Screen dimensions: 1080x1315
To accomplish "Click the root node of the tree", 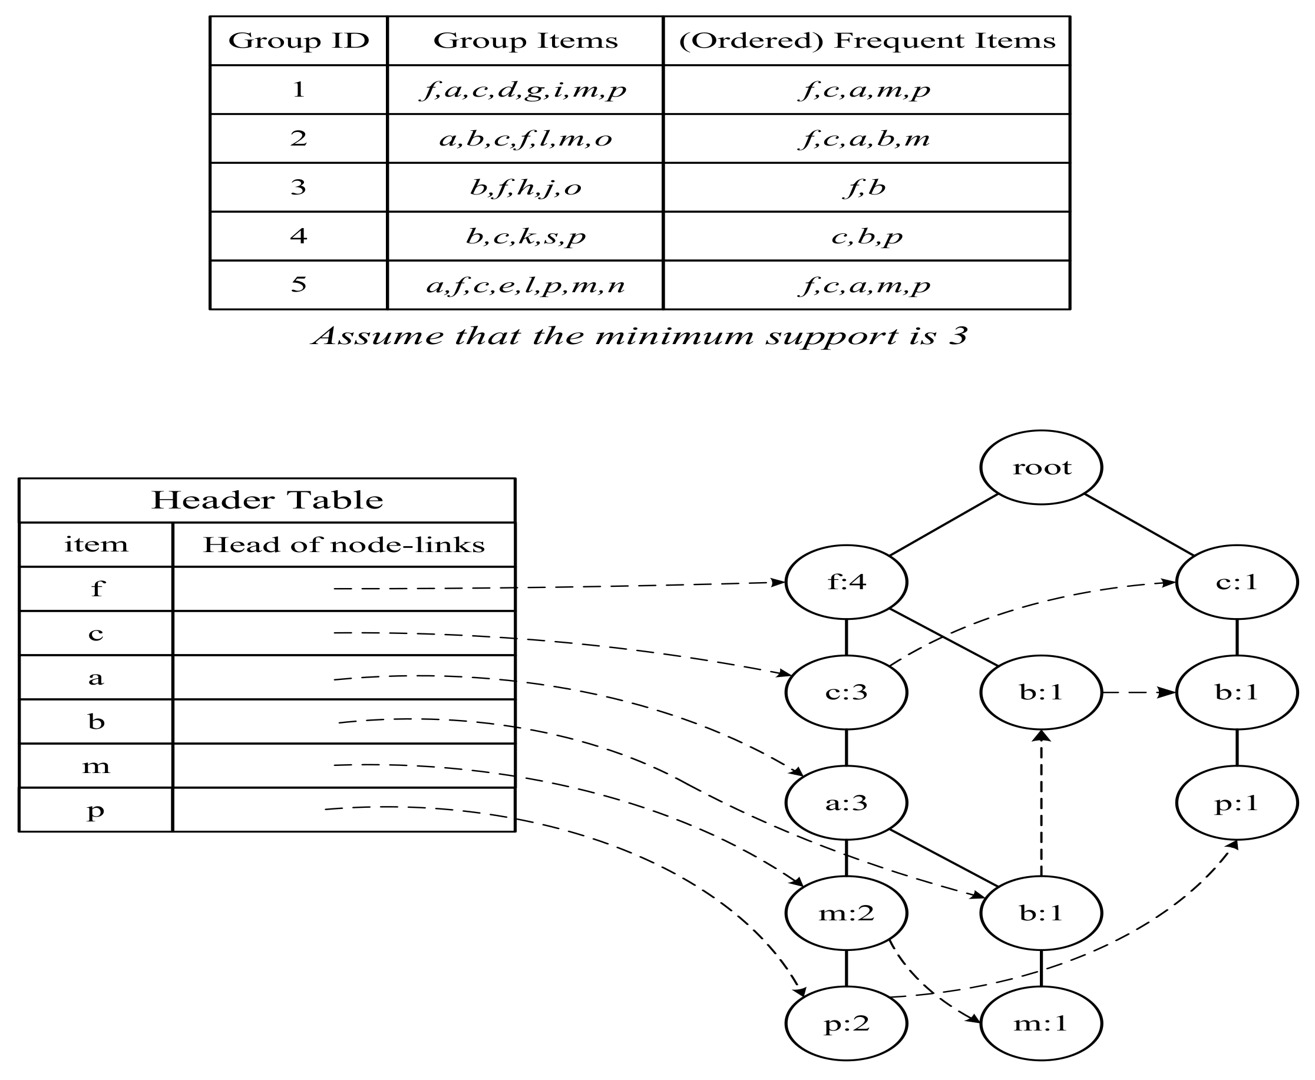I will tap(1041, 467).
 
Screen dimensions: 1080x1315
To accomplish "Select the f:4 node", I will tap(846, 582).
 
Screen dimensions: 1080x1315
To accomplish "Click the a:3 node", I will tap(846, 803).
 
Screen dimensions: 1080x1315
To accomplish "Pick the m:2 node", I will tap(846, 913).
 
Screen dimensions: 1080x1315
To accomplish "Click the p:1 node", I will tap(1237, 803).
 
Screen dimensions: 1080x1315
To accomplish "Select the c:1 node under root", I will tap(1237, 582).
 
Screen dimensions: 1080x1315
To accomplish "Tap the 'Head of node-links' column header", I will tap(343, 545).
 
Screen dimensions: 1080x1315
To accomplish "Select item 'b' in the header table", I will tap(96, 722).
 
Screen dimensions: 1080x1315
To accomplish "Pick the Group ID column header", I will tap(299, 41).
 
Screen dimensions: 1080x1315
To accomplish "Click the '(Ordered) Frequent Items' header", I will tap(867, 41).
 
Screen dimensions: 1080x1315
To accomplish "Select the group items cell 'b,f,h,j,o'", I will tap(525, 187).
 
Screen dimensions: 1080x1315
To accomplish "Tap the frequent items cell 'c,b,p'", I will tap(867, 236).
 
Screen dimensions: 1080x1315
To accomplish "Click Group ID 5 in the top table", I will tap(299, 285).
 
